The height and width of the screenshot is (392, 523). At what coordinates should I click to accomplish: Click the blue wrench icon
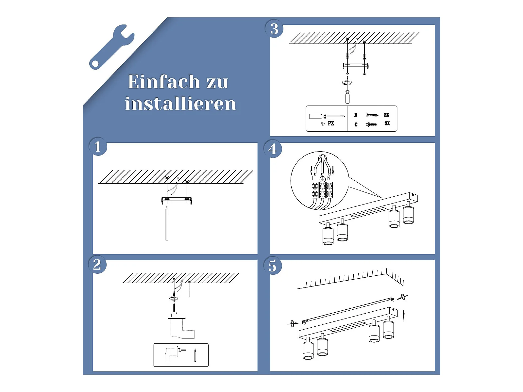pos(111,47)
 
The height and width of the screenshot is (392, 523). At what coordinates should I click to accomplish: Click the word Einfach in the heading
pos(164,81)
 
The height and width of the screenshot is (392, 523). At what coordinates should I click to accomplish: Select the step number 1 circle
pos(98,147)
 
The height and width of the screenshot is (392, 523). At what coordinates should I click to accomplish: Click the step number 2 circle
pos(97,264)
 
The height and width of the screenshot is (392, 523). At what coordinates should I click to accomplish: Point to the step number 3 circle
pos(274,29)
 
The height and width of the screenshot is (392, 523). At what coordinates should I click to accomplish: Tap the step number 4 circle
pos(273,149)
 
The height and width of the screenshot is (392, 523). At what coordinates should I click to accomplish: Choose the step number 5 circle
pos(273,265)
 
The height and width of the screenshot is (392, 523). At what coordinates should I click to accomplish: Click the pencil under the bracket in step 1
pos(167,223)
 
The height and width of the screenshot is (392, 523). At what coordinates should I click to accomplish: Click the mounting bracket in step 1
pos(177,200)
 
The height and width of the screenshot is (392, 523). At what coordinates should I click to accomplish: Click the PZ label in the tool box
pos(331,123)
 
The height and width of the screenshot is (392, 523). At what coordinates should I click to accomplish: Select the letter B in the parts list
pos(356,115)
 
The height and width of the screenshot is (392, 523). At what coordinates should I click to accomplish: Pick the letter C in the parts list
pos(356,124)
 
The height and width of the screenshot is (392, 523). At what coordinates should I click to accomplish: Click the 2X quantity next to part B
pos(386,115)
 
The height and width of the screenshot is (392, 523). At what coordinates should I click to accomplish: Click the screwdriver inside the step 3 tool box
pos(327,116)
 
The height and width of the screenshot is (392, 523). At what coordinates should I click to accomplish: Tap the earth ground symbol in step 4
pos(322,179)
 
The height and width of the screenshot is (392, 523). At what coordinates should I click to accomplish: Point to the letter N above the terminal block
pos(329,178)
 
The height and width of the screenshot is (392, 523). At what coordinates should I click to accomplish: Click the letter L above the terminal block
pos(313,178)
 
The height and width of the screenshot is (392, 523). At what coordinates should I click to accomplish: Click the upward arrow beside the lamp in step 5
pos(404,316)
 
